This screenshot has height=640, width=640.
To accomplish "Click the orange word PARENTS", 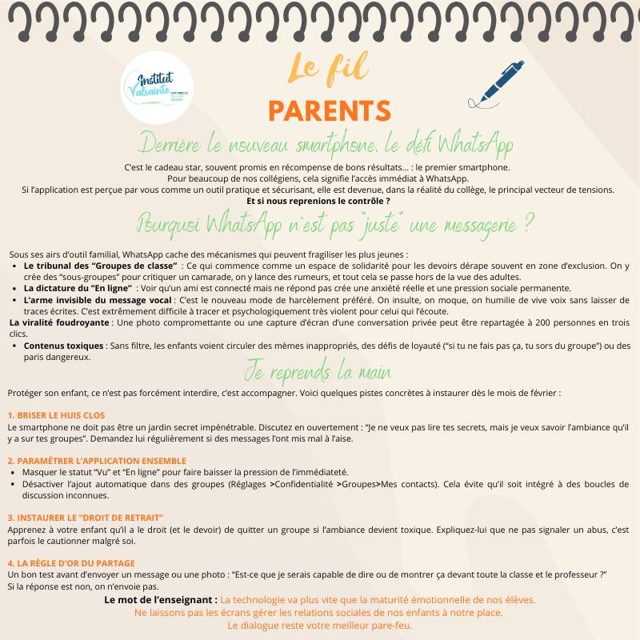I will (x=329, y=110).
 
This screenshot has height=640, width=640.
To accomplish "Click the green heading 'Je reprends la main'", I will (x=318, y=374).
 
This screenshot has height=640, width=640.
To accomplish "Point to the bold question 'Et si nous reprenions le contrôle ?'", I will (x=318, y=201).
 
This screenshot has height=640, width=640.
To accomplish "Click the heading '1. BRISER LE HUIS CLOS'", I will (x=56, y=415).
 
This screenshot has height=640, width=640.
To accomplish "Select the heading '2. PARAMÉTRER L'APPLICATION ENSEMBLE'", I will (x=97, y=461).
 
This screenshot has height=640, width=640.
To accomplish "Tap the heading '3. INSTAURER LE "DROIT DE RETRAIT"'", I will (x=86, y=518).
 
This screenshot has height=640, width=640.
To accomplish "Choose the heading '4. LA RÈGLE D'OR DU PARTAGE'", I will (x=71, y=563).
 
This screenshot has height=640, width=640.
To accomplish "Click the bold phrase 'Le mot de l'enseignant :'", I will (x=161, y=599).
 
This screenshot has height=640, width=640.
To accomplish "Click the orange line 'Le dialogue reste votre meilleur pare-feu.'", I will (x=320, y=625).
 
